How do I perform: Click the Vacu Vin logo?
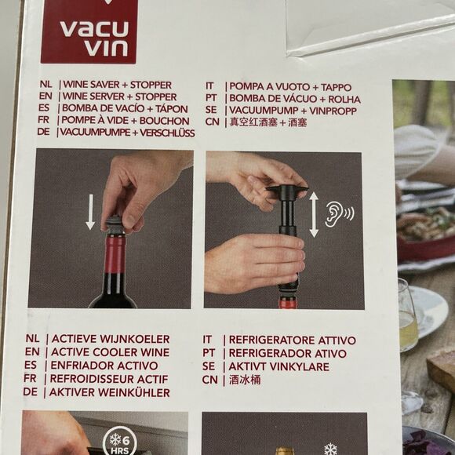tap(89, 31)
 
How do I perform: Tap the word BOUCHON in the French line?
tap(165, 121)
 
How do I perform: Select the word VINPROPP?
tap(333, 111)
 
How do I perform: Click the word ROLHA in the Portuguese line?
tap(344, 100)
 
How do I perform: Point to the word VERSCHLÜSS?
tap(167, 133)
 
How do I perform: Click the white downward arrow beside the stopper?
tap(90, 212)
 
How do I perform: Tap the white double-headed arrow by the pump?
tap(314, 214)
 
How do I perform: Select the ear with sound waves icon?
tap(340, 214)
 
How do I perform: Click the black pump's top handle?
tap(286, 188)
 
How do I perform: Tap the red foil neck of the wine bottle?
tap(115, 254)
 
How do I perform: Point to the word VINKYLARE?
tap(300, 366)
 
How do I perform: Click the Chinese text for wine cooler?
tap(245, 380)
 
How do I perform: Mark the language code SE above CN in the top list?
tap(211, 110)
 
